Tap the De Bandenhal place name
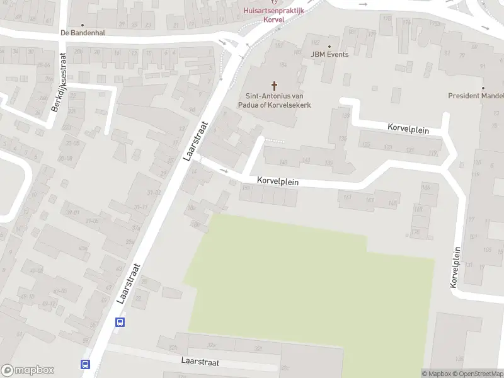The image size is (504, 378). pyautogui.click(x=82, y=33)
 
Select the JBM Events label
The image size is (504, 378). pyautogui.click(x=329, y=55)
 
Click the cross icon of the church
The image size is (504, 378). pyautogui.click(x=274, y=85)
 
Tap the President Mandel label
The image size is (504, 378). pyautogui.click(x=476, y=96)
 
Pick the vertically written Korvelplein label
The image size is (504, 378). pyautogui.click(x=456, y=267)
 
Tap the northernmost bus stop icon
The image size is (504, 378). pyautogui.click(x=120, y=322)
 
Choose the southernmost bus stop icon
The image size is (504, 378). pyautogui.click(x=85, y=364)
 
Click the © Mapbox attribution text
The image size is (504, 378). pyautogui.click(x=436, y=374)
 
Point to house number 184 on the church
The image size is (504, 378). pyautogui.click(x=282, y=64)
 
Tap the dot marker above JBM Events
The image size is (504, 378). pyautogui.click(x=329, y=46)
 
